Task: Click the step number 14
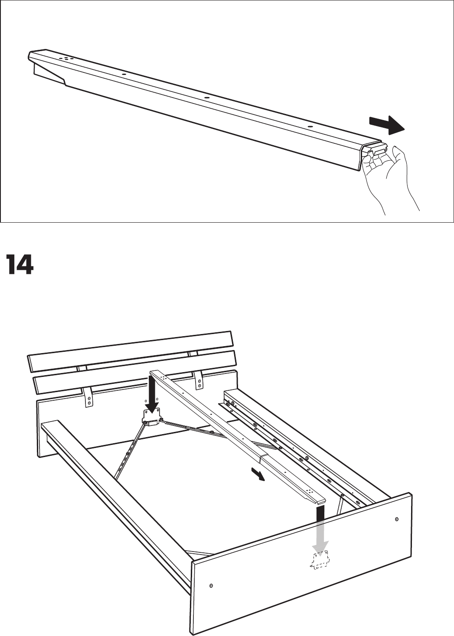(x=20, y=265)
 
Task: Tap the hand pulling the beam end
(x=390, y=178)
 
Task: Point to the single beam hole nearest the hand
(x=310, y=127)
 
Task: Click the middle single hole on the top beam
(x=206, y=98)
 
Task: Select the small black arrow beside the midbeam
(x=259, y=476)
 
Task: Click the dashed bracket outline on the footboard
(x=320, y=560)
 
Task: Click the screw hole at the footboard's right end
(x=397, y=519)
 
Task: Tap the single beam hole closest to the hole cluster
(x=124, y=74)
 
